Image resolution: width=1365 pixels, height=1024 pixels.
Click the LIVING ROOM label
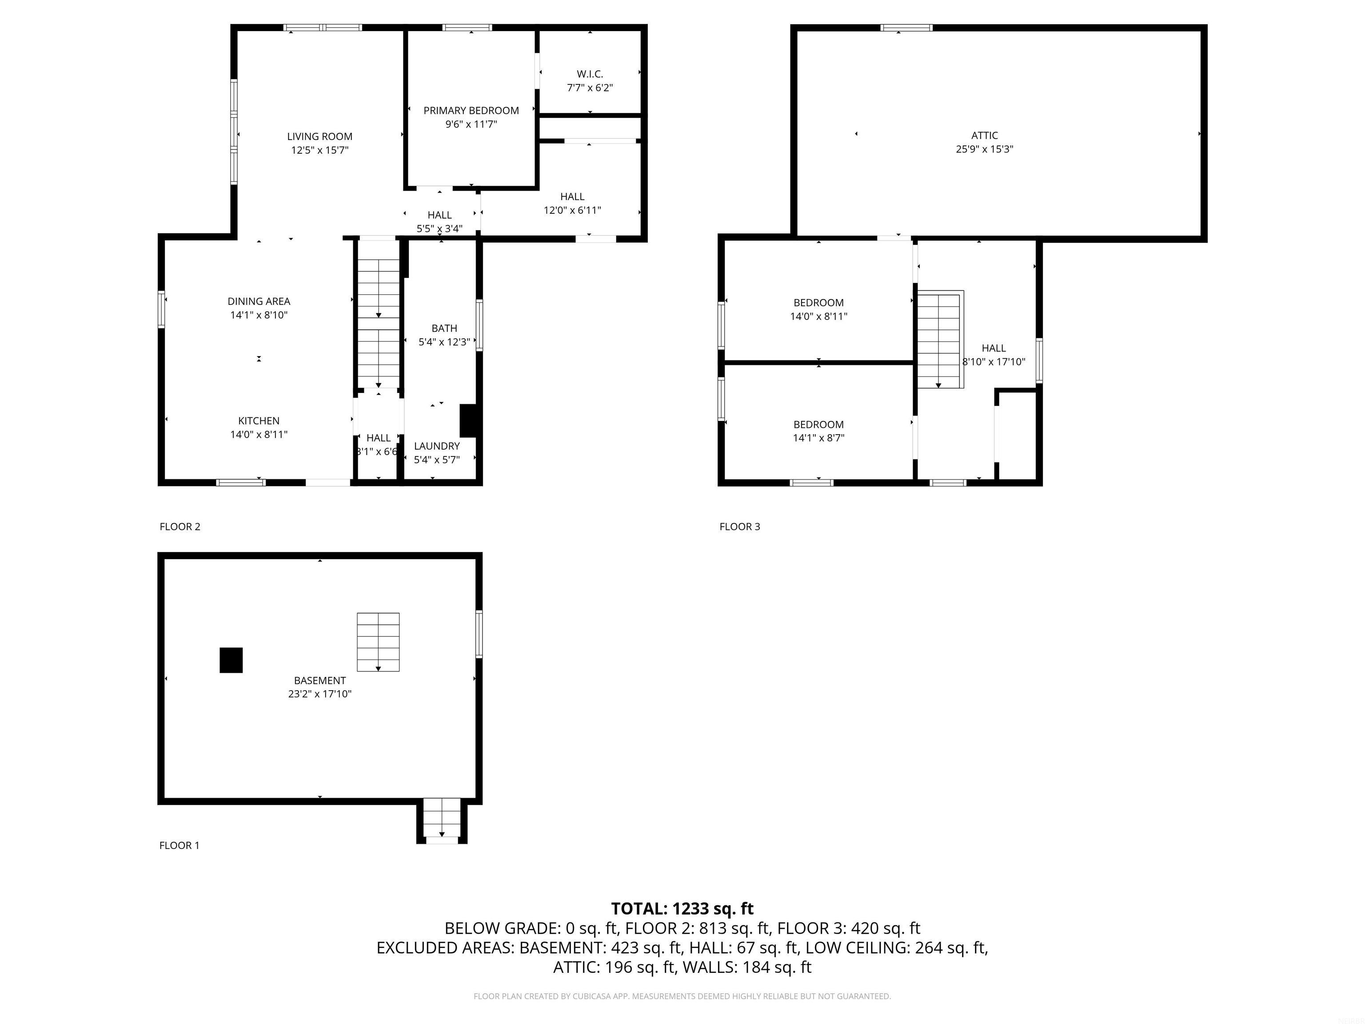[319, 136]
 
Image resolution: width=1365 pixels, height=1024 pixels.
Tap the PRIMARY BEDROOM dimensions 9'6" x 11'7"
[471, 124]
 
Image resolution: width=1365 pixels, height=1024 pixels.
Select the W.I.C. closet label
[590, 74]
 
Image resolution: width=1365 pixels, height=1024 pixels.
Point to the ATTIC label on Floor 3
[984, 135]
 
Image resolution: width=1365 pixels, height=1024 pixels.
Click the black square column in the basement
[231, 660]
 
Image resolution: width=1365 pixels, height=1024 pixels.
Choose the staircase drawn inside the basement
[378, 642]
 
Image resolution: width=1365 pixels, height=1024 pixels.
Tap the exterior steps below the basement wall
[442, 820]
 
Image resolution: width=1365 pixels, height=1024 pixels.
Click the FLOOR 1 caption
[180, 845]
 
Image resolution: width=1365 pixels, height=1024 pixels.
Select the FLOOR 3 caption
[739, 527]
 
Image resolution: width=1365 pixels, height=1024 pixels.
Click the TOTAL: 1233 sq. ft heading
[682, 908]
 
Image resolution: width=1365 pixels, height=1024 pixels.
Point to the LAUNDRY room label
[436, 446]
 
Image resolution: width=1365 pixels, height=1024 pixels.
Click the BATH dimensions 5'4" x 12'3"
[444, 342]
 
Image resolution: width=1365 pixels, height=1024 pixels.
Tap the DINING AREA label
[259, 301]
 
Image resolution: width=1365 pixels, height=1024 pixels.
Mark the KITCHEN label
[259, 421]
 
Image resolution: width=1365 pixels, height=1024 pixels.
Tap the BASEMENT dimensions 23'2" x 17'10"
[319, 694]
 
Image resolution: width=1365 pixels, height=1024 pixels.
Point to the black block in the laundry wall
[468, 420]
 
